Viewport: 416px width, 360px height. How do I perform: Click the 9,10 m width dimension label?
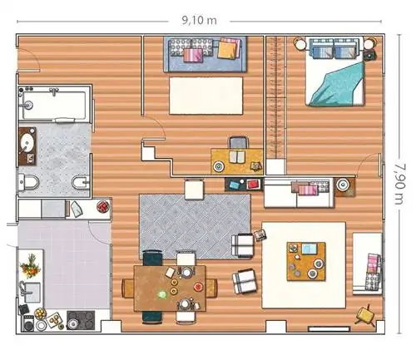[199, 21]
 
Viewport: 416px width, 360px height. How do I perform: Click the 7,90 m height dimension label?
[399, 185]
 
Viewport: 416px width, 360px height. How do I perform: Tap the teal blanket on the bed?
[338, 84]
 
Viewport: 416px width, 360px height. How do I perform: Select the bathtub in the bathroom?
[55, 104]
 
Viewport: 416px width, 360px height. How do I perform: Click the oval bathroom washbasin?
[27, 143]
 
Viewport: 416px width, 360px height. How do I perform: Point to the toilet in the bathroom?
[28, 182]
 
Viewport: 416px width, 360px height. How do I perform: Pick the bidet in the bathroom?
[81, 183]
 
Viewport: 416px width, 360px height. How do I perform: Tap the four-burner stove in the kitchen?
[81, 320]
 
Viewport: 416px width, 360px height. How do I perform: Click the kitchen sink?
[30, 292]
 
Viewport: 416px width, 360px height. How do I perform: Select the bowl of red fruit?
[103, 206]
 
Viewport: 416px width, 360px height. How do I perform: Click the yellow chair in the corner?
[366, 315]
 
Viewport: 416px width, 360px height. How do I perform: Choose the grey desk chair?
[238, 143]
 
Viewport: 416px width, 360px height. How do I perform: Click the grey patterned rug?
[195, 226]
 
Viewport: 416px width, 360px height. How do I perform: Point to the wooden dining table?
[170, 288]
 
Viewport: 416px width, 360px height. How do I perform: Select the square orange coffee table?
[306, 261]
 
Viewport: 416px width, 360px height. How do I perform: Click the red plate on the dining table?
[198, 287]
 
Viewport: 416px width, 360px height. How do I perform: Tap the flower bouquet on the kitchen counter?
[30, 266]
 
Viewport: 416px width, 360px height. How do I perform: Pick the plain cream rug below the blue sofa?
[206, 96]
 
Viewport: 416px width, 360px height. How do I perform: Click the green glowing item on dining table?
[161, 294]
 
